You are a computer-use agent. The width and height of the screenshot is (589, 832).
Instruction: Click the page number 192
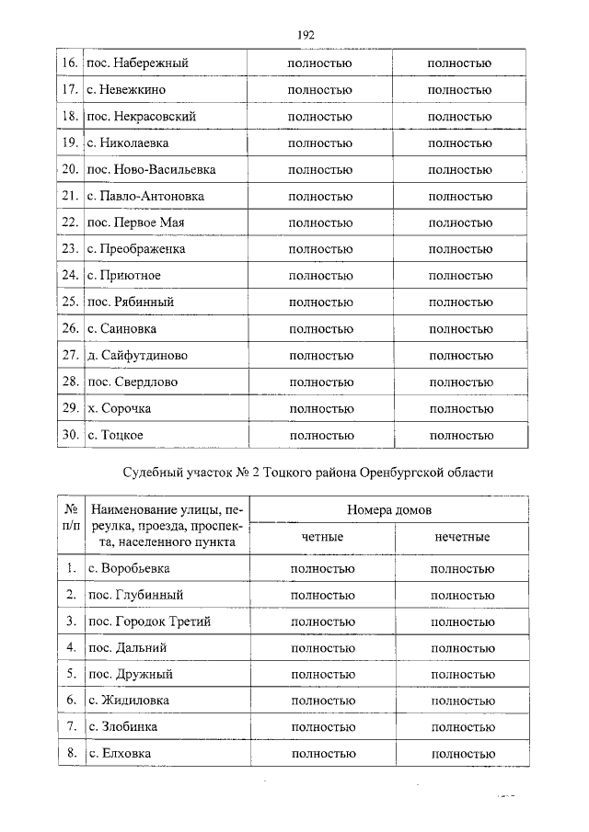(x=306, y=35)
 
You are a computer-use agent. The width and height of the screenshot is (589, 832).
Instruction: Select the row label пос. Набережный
(x=137, y=63)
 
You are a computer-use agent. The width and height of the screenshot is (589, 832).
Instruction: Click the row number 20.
(x=68, y=170)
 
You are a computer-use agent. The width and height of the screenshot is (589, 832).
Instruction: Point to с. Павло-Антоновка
(x=144, y=197)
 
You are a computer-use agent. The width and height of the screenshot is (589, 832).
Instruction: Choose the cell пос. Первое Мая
(x=136, y=223)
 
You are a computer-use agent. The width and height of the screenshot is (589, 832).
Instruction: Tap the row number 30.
(x=68, y=434)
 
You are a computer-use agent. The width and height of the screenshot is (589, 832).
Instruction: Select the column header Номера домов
(x=389, y=509)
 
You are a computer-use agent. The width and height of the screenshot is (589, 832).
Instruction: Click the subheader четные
(x=322, y=537)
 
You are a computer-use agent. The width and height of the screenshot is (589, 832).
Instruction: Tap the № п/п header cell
(x=69, y=523)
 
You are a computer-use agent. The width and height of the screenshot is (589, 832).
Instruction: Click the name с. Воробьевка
(x=129, y=569)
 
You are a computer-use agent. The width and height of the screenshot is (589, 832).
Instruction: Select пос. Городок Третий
(x=148, y=622)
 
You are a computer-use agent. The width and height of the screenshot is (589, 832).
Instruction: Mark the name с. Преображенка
(x=136, y=249)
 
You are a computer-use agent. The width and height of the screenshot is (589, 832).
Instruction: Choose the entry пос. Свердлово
(x=133, y=382)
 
